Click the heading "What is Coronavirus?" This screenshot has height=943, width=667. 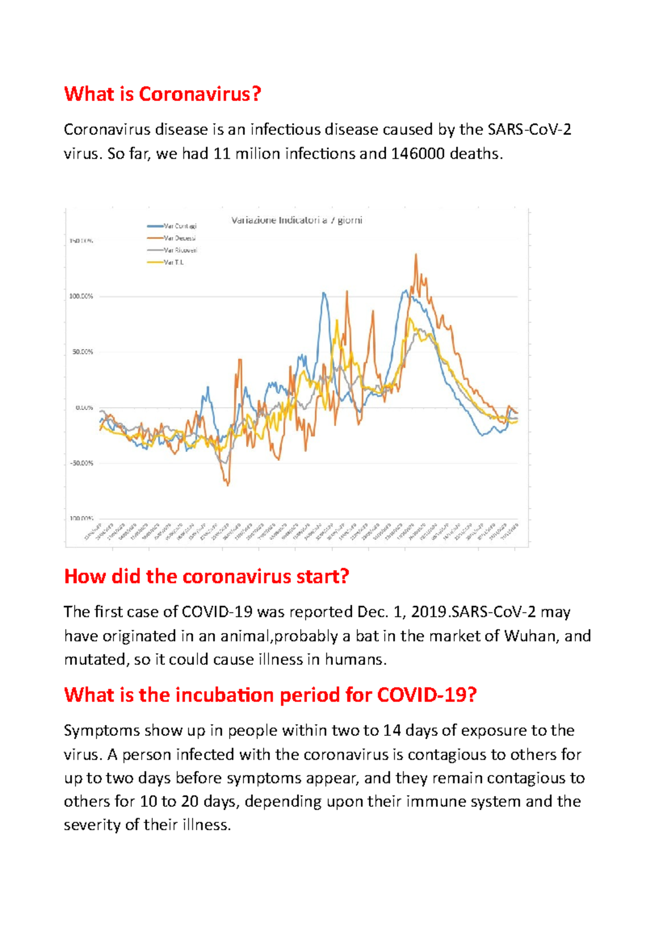(x=162, y=94)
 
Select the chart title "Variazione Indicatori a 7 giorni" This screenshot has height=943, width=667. (x=296, y=220)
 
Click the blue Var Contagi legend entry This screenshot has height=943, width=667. (x=172, y=226)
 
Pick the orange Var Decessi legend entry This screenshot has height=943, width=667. (x=172, y=238)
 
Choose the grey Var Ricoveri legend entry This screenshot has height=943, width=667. (x=172, y=250)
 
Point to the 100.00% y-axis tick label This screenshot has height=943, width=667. (x=81, y=297)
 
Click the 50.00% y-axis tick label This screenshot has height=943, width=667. (x=83, y=352)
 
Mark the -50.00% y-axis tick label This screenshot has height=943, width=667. (x=81, y=463)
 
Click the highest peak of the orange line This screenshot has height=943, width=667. (x=416, y=255)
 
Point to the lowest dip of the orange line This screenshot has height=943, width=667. (x=228, y=485)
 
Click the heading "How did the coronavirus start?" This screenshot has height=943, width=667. (x=206, y=576)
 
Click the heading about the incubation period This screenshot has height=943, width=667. (x=270, y=695)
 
